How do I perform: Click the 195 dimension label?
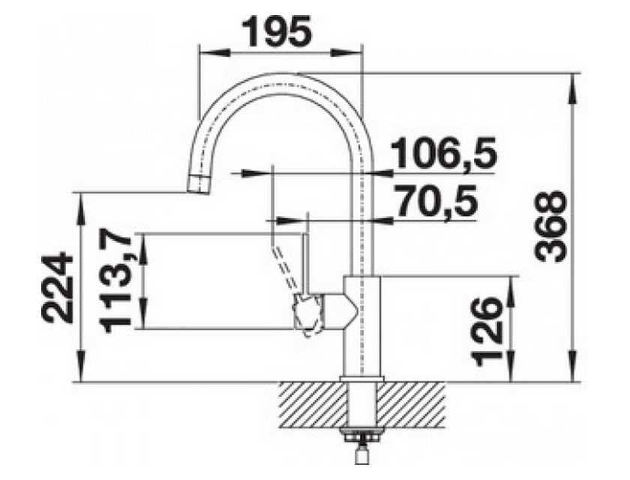click(280, 31)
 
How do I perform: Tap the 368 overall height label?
click(550, 226)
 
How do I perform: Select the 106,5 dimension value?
click(443, 153)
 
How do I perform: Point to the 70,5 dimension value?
click(436, 201)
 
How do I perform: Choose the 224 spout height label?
click(58, 287)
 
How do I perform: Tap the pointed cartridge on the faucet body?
click(340, 311)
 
